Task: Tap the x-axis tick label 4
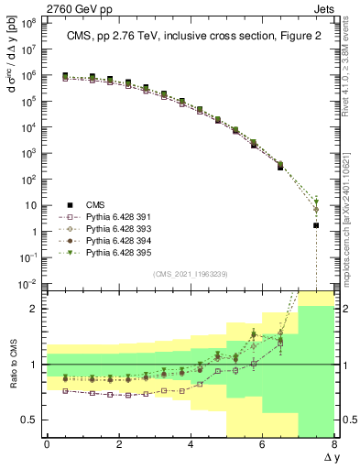pyautogui.click(x=191, y=444)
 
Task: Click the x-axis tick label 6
pyautogui.click(x=263, y=444)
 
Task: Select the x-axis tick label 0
pyautogui.click(x=47, y=444)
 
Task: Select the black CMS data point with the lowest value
pyautogui.click(x=316, y=225)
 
